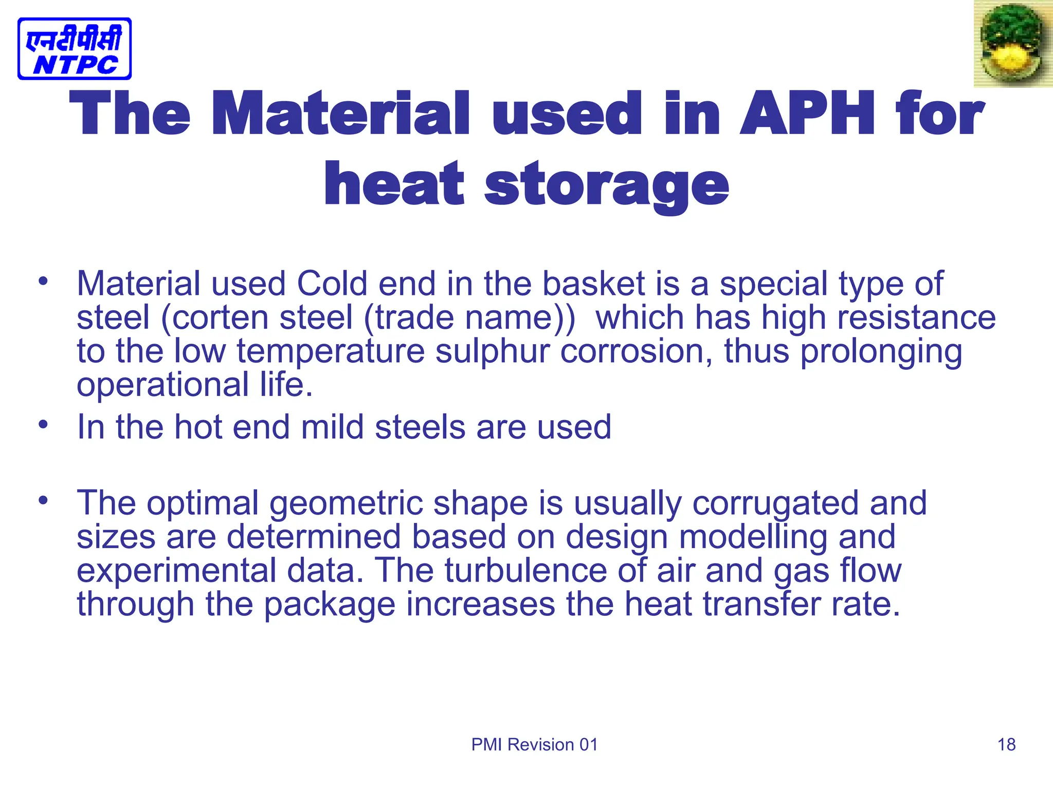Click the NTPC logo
click(75, 49)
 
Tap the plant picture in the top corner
click(1013, 44)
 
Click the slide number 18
click(1006, 744)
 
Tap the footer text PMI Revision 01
click(535, 744)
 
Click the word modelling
click(753, 537)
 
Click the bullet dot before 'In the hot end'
click(43, 424)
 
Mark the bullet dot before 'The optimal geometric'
click(43, 500)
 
